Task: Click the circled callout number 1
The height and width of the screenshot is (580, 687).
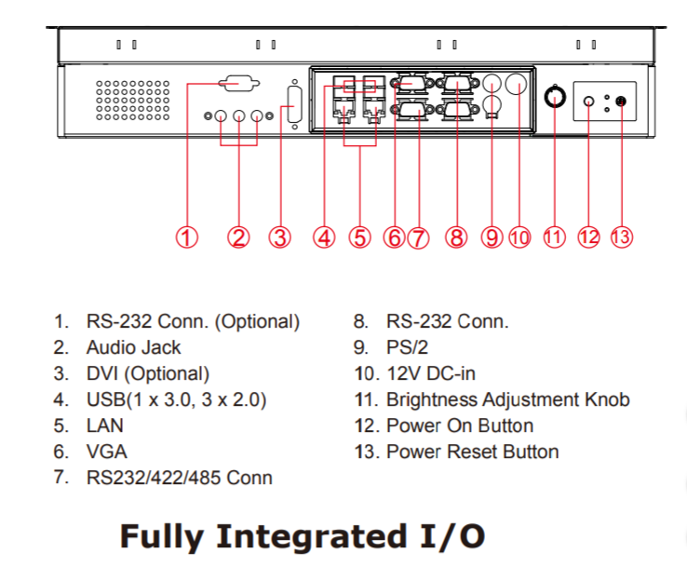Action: [x=188, y=237]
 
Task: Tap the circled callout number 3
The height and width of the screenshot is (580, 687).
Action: [x=279, y=237]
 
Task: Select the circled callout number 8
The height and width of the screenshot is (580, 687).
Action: [x=455, y=237]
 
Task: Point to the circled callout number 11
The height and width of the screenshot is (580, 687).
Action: [x=555, y=236]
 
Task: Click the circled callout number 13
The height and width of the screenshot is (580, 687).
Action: [x=622, y=236]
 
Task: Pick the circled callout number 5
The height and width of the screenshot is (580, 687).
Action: [x=359, y=237]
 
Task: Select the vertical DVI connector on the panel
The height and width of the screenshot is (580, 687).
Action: [x=294, y=102]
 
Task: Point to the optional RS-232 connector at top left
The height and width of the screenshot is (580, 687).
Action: [x=239, y=85]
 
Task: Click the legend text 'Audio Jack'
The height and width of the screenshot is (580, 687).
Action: [x=133, y=347]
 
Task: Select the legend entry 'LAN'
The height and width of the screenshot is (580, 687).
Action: [x=104, y=425]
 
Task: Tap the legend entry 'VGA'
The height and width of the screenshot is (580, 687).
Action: [x=106, y=452]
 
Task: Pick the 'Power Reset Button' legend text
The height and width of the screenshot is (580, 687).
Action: [x=472, y=452]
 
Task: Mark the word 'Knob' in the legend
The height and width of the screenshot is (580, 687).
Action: [x=605, y=399]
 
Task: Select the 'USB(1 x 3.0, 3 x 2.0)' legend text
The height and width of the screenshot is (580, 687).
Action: [x=177, y=399]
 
